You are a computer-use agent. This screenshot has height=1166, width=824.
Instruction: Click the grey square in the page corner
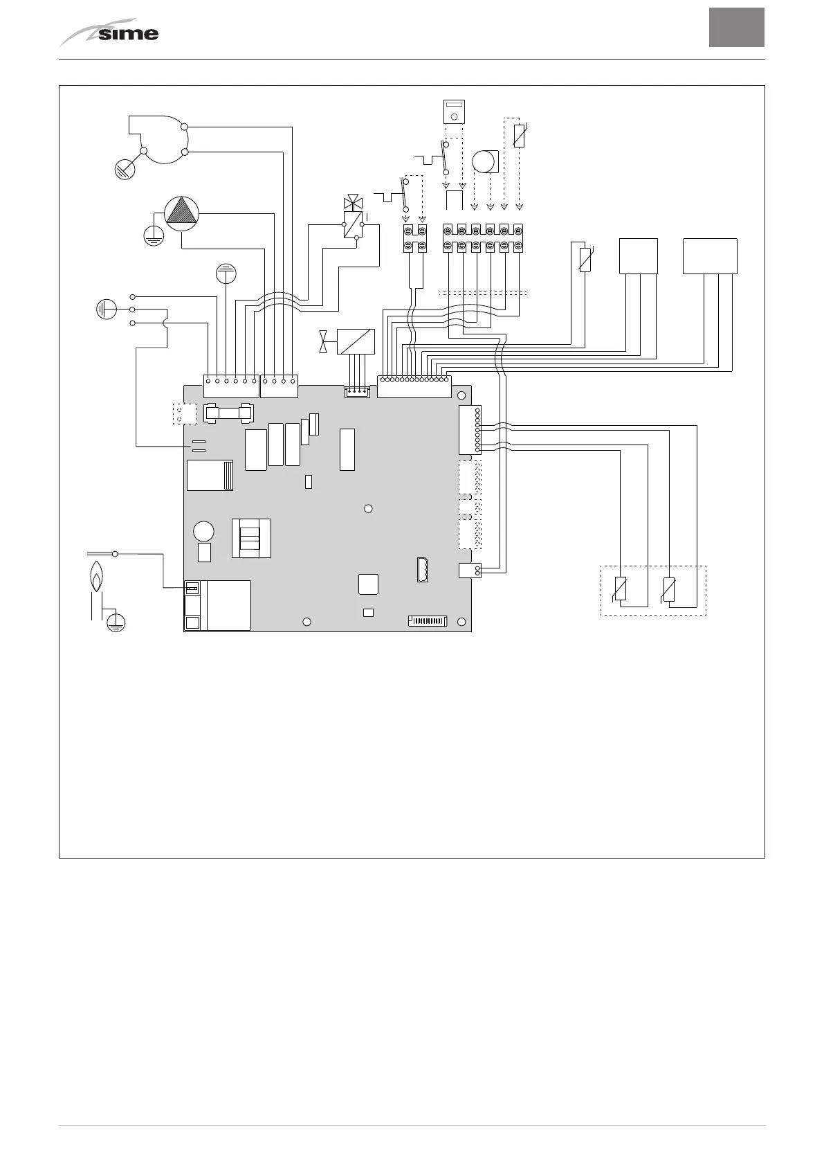(x=736, y=28)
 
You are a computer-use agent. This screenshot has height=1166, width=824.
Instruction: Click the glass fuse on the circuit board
(x=228, y=413)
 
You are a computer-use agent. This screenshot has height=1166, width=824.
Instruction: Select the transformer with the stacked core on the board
(x=250, y=538)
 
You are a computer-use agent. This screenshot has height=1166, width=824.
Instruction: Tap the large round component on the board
(x=203, y=531)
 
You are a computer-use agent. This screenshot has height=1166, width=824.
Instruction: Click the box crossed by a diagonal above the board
(x=356, y=341)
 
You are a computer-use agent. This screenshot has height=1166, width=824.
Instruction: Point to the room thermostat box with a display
(x=453, y=111)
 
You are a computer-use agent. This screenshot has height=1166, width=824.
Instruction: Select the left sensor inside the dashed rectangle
(x=621, y=589)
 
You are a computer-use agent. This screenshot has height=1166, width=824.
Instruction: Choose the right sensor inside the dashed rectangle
(x=668, y=589)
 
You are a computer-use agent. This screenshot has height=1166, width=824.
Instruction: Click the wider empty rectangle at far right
(x=709, y=255)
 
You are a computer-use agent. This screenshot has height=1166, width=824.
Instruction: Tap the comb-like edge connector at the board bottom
(x=427, y=621)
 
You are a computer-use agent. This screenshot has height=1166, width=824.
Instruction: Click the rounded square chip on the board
(x=369, y=584)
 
